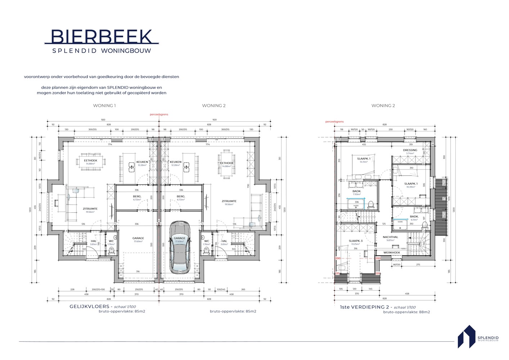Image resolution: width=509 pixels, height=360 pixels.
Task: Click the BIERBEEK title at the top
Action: click(x=102, y=36)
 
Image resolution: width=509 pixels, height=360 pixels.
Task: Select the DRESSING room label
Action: click(x=410, y=150)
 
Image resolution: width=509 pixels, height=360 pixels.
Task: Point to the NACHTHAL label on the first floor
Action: click(x=390, y=237)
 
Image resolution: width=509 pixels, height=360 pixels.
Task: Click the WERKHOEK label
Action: click(x=392, y=253)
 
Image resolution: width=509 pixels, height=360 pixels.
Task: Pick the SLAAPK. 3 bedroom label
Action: click(x=355, y=241)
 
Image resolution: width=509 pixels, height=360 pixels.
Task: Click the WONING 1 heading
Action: click(x=104, y=106)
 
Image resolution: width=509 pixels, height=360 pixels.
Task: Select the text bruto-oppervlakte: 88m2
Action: click(x=406, y=312)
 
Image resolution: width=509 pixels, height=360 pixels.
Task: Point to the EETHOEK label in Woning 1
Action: click(x=91, y=161)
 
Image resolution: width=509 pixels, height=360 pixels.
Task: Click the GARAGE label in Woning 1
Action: click(x=138, y=238)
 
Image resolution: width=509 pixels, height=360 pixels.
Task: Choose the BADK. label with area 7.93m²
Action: click(x=357, y=191)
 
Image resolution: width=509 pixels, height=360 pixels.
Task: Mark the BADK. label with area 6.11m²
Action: click(x=414, y=217)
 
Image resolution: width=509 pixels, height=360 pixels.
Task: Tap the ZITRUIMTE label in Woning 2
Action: click(x=229, y=201)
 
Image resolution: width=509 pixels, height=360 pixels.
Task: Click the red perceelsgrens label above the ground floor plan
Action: click(x=159, y=114)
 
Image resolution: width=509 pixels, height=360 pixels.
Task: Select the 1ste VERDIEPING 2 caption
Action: click(x=366, y=307)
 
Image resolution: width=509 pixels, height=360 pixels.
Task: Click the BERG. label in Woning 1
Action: click(x=137, y=197)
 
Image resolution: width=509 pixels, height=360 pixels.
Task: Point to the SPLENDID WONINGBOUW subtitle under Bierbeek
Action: click(x=102, y=51)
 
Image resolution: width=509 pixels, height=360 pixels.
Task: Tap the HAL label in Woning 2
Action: click(x=224, y=241)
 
